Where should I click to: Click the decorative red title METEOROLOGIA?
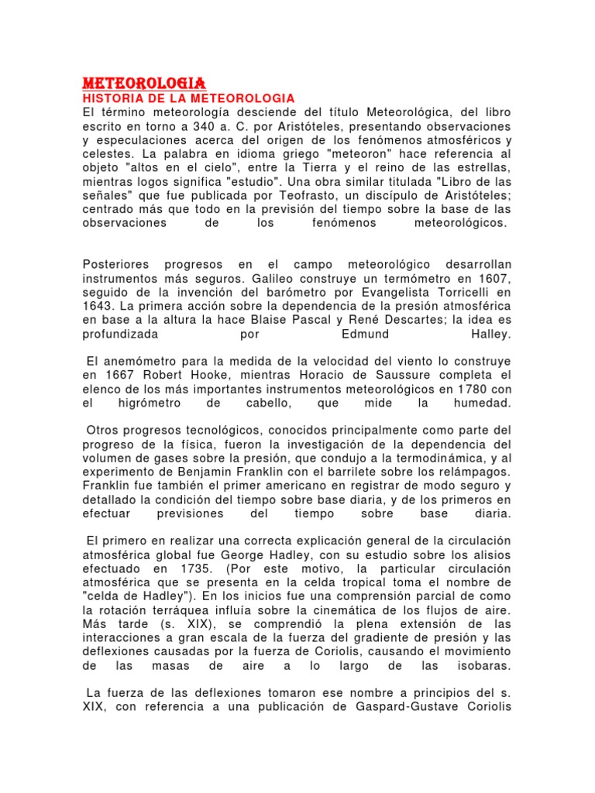tap(143, 83)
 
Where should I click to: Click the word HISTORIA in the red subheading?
tap(112, 98)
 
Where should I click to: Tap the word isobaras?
tap(485, 665)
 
